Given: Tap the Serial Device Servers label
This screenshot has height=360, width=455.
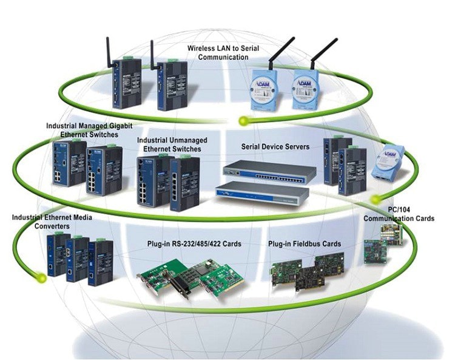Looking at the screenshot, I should tap(275, 146).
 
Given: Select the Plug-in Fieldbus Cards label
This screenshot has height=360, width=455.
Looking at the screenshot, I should tap(304, 244).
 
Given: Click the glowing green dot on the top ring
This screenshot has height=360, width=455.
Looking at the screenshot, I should tap(243, 120).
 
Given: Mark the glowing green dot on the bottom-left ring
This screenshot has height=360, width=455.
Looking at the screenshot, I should tap(41, 278).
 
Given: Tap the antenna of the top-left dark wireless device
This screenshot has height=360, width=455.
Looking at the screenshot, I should tap(109, 49).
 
